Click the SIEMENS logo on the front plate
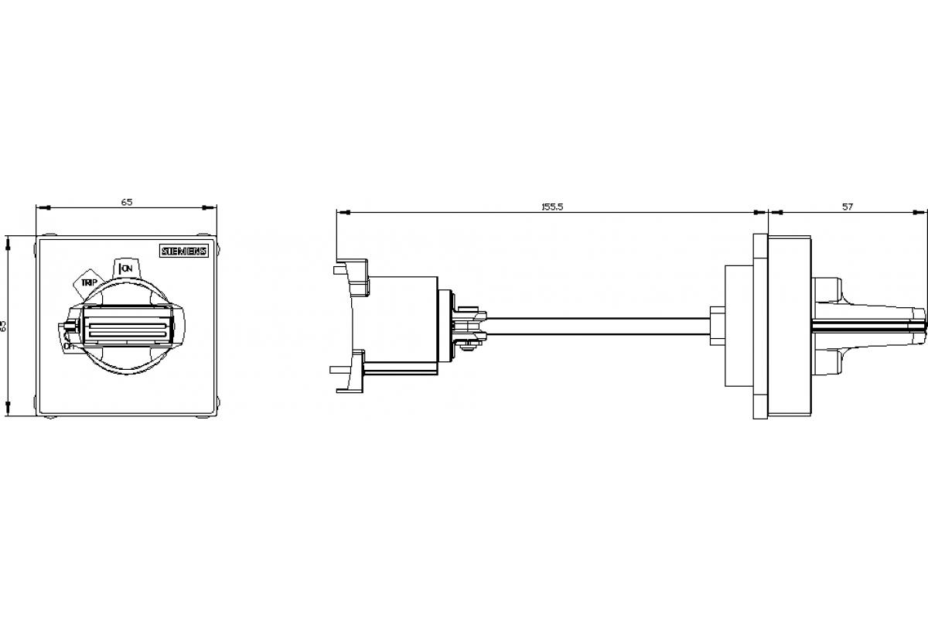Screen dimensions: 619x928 (184, 251)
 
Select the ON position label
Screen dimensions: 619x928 (126, 268)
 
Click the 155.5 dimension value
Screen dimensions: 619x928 (551, 207)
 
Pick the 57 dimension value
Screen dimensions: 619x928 (848, 207)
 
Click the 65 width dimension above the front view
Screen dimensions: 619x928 (127, 202)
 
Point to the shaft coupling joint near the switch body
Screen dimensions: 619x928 (469, 325)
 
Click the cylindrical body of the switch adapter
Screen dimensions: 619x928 (402, 325)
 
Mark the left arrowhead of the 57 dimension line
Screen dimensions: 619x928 (773, 211)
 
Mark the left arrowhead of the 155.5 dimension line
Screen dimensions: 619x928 (341, 211)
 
